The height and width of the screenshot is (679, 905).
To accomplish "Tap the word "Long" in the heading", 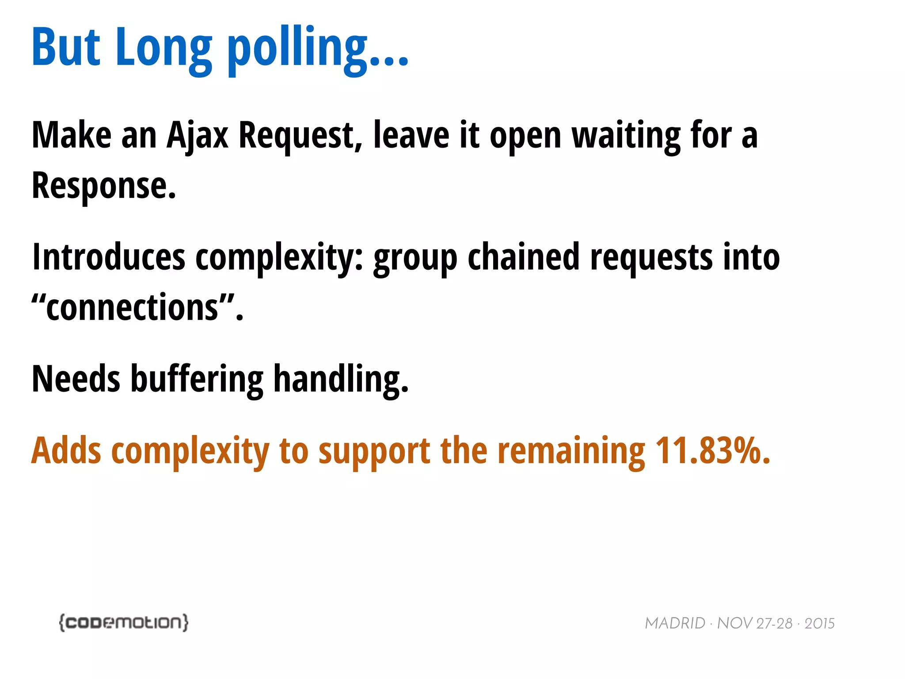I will (164, 48).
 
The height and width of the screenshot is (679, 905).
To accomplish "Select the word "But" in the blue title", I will (66, 48).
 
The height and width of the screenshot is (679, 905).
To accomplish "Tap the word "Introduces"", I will (109, 258).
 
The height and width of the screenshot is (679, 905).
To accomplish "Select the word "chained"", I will (523, 258).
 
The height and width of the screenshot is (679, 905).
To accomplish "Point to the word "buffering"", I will (197, 379).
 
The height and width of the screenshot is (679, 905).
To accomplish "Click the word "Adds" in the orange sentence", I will (66, 451).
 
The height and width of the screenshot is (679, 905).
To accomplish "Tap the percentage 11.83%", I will (712, 451).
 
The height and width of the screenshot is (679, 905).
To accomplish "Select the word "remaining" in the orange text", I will (571, 451).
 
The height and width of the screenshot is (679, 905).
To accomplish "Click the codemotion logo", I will (124, 622).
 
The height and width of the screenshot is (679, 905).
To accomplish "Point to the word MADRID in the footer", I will (675, 623).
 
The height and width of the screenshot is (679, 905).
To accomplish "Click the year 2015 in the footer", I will (819, 623).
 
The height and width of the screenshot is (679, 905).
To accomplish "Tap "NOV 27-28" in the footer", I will (755, 623).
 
